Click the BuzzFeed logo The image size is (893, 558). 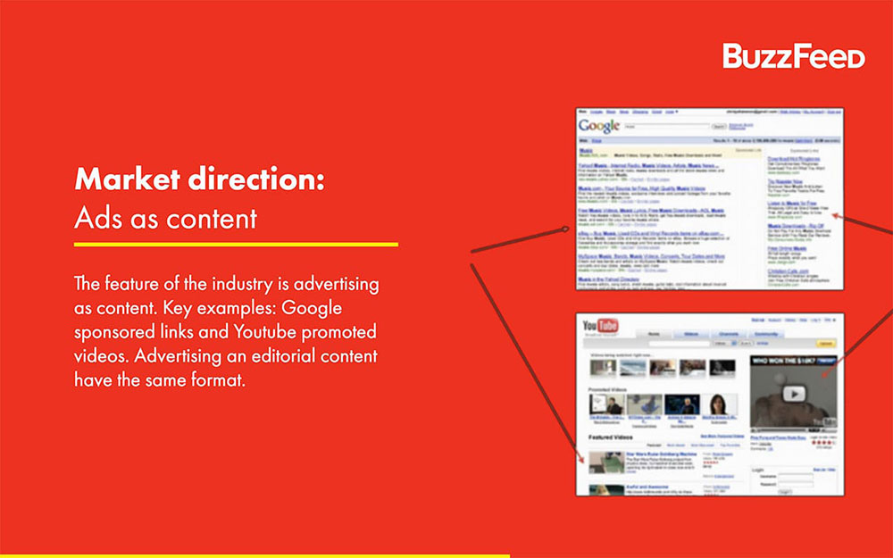coord(793,56)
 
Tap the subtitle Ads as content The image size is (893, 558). coord(165,218)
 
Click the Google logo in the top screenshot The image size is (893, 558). coord(598,126)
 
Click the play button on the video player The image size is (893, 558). coord(791,393)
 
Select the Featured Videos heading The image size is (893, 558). coord(612,437)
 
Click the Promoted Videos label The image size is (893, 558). coord(614,389)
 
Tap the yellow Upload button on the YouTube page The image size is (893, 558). coord(826,343)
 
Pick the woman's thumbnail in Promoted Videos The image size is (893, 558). coord(719,404)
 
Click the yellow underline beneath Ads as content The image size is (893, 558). coord(236,244)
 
